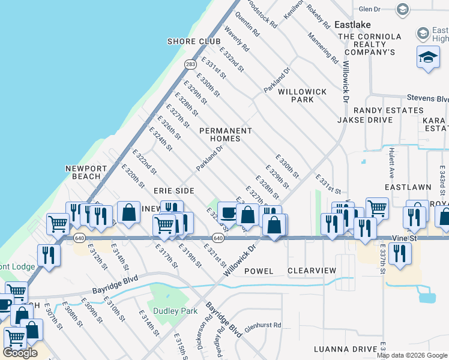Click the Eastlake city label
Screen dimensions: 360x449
352,25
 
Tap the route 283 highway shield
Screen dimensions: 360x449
190,64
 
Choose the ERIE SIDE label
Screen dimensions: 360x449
174,190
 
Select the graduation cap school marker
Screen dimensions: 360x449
428,58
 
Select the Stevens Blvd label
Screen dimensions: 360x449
427,98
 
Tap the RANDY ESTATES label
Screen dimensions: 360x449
388,110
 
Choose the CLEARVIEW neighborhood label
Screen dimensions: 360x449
312,271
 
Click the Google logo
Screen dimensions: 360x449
20,353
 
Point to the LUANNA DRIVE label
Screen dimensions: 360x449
345,349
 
